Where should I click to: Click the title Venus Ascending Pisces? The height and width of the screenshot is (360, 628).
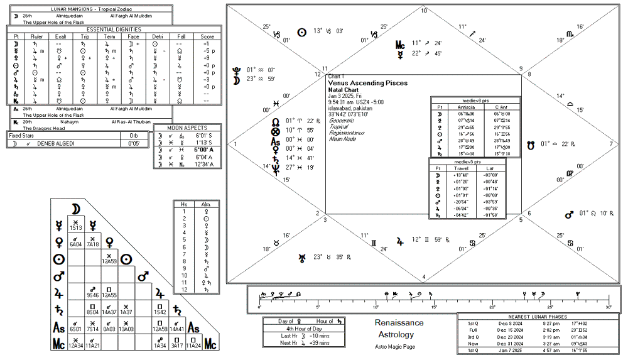(367, 83)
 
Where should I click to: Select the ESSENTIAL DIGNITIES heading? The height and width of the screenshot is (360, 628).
(114, 30)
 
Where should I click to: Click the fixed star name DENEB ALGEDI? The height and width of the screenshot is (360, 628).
(57, 143)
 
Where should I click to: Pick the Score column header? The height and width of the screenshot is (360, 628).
(207, 36)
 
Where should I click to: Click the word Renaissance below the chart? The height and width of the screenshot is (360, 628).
(399, 323)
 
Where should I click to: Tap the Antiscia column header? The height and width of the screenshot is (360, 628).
(465, 107)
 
